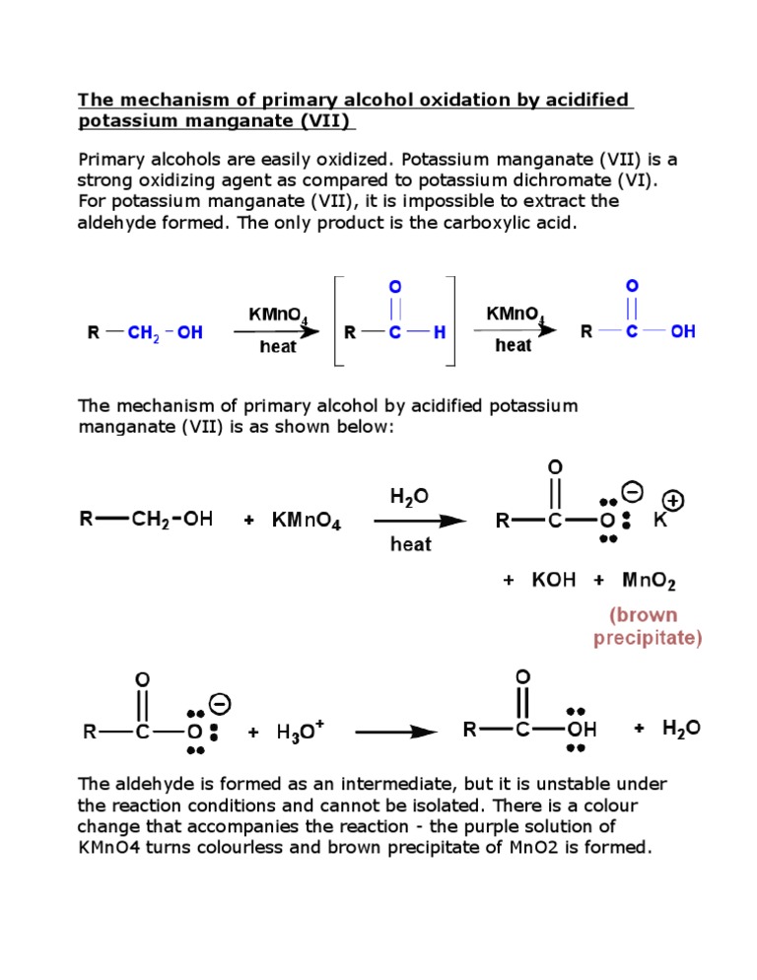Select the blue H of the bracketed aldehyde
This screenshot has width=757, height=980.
[x=440, y=333]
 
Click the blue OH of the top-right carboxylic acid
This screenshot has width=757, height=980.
[x=682, y=331]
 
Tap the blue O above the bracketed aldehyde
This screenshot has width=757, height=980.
[x=395, y=286]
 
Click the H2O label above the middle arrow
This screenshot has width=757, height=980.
[x=409, y=498]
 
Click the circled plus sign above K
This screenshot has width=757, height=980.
[x=675, y=500]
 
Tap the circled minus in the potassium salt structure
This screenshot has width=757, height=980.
[x=634, y=489]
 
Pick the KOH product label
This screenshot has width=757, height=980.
[x=553, y=581]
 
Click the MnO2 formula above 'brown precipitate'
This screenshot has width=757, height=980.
[x=649, y=581]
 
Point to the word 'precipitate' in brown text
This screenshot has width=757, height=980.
[x=648, y=638]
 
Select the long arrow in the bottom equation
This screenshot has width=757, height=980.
[x=396, y=732]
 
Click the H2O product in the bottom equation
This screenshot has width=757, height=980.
[x=681, y=729]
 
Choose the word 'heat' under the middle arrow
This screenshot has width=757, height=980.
[x=410, y=543]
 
